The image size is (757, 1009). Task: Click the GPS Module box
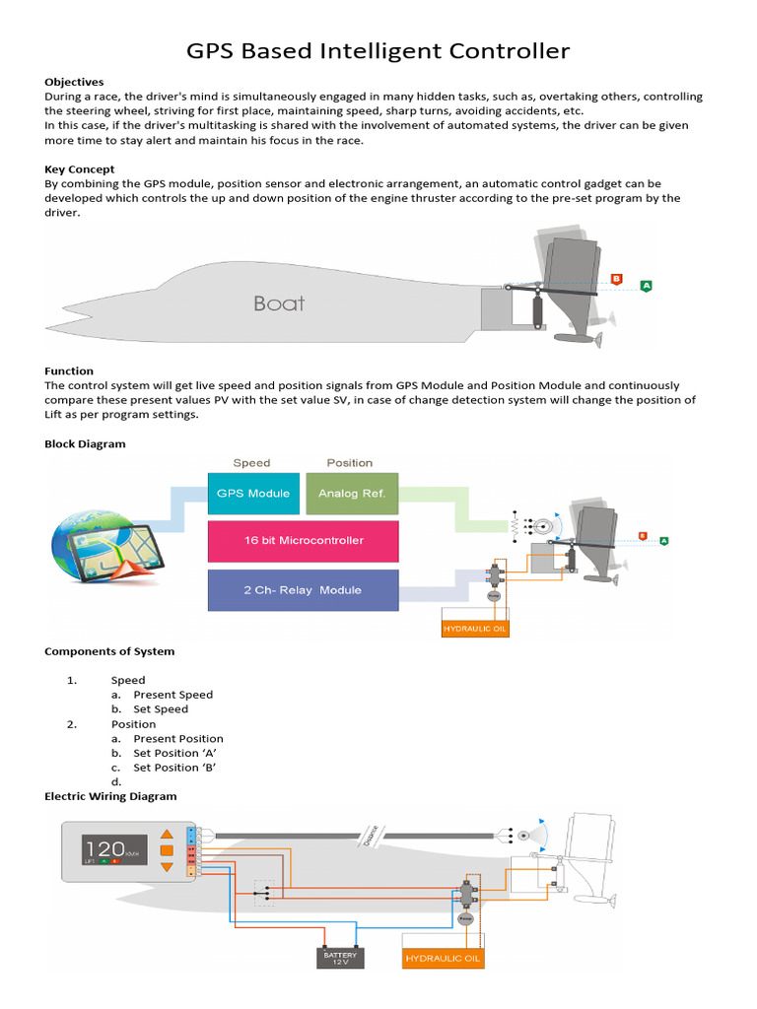pos(253,493)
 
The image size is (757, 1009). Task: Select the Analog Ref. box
pos(352,493)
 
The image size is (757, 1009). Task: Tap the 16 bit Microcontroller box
pos(304,541)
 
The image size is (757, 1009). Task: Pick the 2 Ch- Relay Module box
pos(304,590)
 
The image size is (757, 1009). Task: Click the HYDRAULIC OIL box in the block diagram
pos(475,628)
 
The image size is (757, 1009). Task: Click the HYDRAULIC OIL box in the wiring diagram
pos(444,958)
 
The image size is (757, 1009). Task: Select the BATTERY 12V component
pos(341,957)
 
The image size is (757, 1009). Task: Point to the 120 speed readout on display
pos(103,847)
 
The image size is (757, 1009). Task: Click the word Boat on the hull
pos(279,303)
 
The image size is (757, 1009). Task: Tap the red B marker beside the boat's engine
pos(617,279)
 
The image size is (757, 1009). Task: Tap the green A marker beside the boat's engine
pos(646,285)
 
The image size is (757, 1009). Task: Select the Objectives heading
pos(74,82)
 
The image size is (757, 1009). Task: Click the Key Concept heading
pos(80,169)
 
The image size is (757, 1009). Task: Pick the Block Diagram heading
pos(86,444)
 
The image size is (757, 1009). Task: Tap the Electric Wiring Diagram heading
pos(111,796)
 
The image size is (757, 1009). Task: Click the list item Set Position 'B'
pos(175,768)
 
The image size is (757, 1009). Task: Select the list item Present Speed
pos(173,695)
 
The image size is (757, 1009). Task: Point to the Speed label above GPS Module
pos(251,462)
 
